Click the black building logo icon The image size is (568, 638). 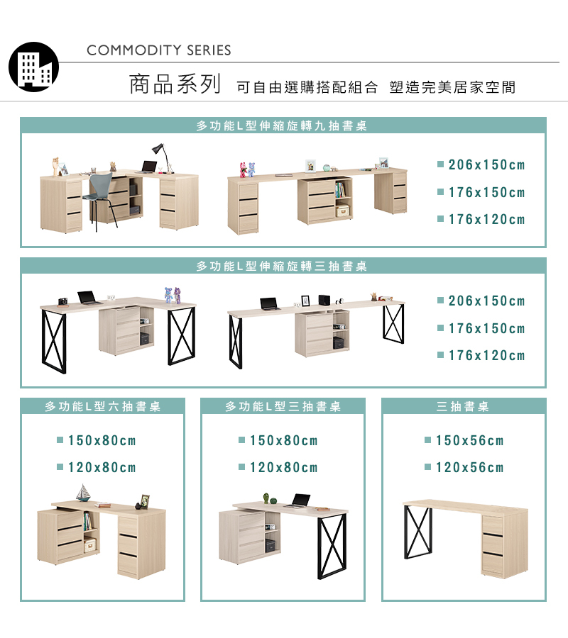pyautogui.click(x=33, y=67)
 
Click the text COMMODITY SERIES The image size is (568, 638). pyautogui.click(x=159, y=50)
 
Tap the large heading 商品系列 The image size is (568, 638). pyautogui.click(x=175, y=84)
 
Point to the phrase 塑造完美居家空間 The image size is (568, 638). pyautogui.click(x=452, y=87)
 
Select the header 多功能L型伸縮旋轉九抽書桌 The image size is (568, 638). pyautogui.click(x=282, y=126)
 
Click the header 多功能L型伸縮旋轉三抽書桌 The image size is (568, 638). pyautogui.click(x=282, y=267)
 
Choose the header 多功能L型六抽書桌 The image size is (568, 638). pyautogui.click(x=103, y=407)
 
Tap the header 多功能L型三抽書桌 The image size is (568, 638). pyautogui.click(x=283, y=407)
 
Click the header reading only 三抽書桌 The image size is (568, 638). pyautogui.click(x=463, y=407)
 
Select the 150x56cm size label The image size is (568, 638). pyautogui.click(x=469, y=441)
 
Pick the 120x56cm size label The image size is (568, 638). pyautogui.click(x=469, y=468)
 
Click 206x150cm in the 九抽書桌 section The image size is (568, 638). pyautogui.click(x=486, y=165)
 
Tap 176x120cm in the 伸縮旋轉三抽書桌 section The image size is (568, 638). pyautogui.click(x=486, y=356)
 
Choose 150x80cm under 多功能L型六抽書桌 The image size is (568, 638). pyautogui.click(x=102, y=441)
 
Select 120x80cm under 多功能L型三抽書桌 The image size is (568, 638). pyautogui.click(x=283, y=468)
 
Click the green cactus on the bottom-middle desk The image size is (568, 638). pyautogui.click(x=266, y=497)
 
